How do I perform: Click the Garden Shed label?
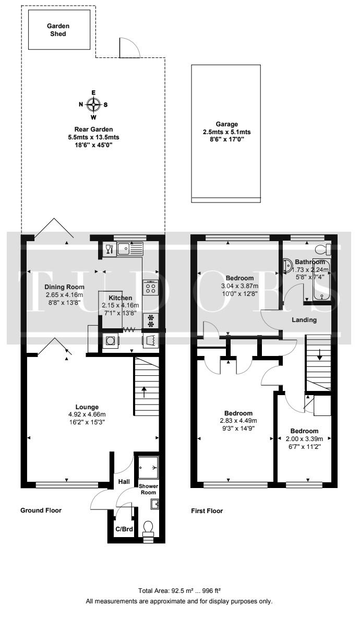pyautogui.click(x=58, y=30)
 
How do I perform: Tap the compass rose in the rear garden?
pyautogui.click(x=93, y=104)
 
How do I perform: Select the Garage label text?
pyautogui.click(x=226, y=124)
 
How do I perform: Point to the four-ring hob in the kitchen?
pyautogui.click(x=151, y=287)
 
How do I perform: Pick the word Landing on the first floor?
pyautogui.click(x=304, y=319)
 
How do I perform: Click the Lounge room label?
pyautogui.click(x=87, y=407)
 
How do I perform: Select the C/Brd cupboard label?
pyautogui.click(x=124, y=529)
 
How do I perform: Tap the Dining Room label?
pyautogui.click(x=64, y=287)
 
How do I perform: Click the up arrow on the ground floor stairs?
pyautogui.click(x=144, y=392)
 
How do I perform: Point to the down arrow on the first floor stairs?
pyautogui.click(x=319, y=354)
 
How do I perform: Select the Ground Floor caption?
pyautogui.click(x=41, y=510)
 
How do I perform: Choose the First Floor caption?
pyautogui.click(x=207, y=511)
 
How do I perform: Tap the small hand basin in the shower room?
pyautogui.click(x=154, y=504)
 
